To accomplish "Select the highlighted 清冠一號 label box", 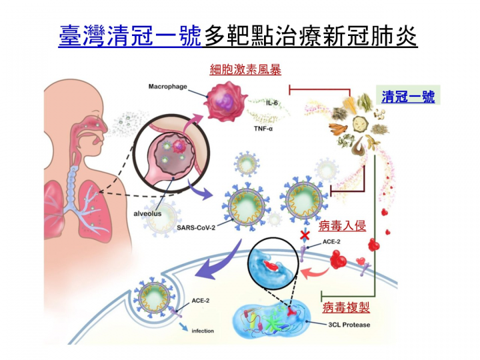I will click(407, 97).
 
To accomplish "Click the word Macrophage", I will click(167, 87).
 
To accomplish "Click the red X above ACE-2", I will click(305, 235).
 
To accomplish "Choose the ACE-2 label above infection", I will click(200, 301).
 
